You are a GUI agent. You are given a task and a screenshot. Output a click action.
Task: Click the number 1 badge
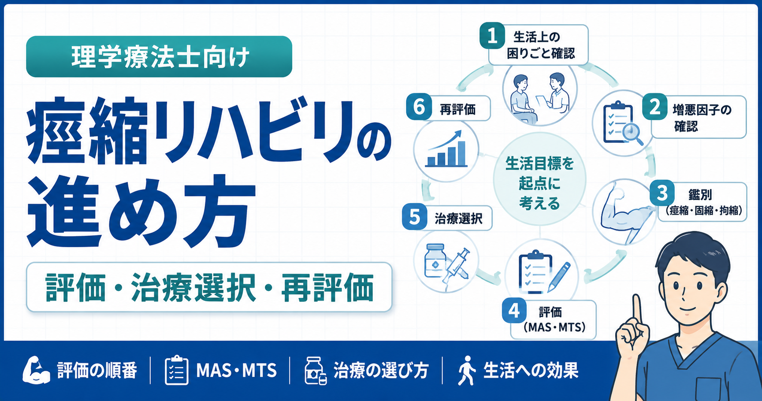tap(492, 35)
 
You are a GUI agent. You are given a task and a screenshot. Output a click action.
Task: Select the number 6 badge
tap(419, 107)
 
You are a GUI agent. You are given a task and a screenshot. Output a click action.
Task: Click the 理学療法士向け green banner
tap(159, 57)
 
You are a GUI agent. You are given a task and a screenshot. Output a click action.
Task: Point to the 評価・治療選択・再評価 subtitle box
tap(209, 287)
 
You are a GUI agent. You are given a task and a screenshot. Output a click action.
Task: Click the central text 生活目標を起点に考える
tap(539, 183)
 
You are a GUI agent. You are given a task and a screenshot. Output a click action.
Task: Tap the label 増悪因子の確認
tap(702, 118)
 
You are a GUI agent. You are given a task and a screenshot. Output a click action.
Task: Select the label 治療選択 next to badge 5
tap(458, 218)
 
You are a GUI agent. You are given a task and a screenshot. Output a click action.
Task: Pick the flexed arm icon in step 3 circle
tap(626, 212)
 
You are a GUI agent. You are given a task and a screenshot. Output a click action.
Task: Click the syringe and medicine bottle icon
tap(446, 266)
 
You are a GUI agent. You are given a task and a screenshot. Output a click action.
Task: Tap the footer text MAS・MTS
tap(237, 371)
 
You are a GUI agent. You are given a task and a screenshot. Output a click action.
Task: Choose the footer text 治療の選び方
tap(381, 371)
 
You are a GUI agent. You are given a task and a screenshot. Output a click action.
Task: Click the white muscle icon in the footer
tap(36, 370)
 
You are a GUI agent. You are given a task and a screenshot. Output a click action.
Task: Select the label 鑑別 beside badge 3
tap(700, 195)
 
